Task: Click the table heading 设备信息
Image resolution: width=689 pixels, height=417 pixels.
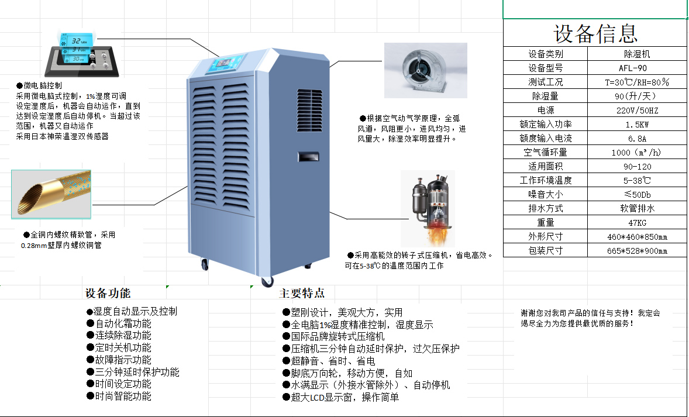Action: pos(595,33)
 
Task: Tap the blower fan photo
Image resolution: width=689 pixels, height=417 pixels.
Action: pos(425,70)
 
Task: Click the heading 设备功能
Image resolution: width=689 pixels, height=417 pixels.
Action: pos(108,293)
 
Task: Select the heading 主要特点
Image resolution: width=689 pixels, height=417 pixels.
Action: pos(302,293)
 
